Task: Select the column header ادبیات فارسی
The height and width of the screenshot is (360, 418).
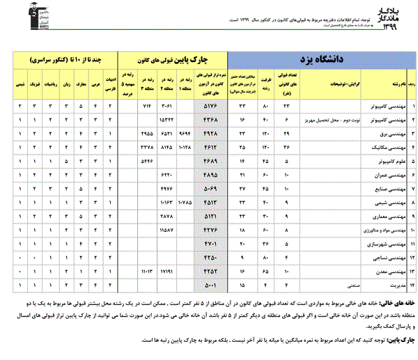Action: (109, 84)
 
